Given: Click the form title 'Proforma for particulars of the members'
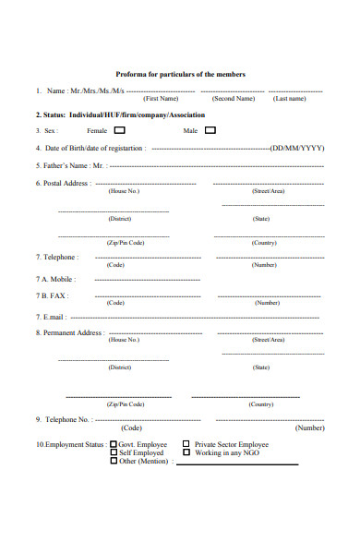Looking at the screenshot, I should (180, 74).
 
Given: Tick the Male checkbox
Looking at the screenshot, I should (210, 130).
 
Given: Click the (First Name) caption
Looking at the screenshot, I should (161, 98).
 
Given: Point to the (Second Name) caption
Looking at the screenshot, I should (233, 98).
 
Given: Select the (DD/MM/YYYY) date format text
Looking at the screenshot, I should (297, 148).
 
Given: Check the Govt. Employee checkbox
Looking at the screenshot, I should (114, 444).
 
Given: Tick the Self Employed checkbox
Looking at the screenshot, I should (114, 452).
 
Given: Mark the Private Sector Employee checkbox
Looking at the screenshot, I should (186, 444).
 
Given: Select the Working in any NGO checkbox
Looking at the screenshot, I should (186, 452).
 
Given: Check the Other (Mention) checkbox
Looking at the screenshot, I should (114, 461).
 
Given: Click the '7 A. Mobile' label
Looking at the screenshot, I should (55, 278).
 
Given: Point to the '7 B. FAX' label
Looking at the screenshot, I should (52, 295).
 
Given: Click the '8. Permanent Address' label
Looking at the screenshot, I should (69, 332).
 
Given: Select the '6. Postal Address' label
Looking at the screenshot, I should (63, 183).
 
